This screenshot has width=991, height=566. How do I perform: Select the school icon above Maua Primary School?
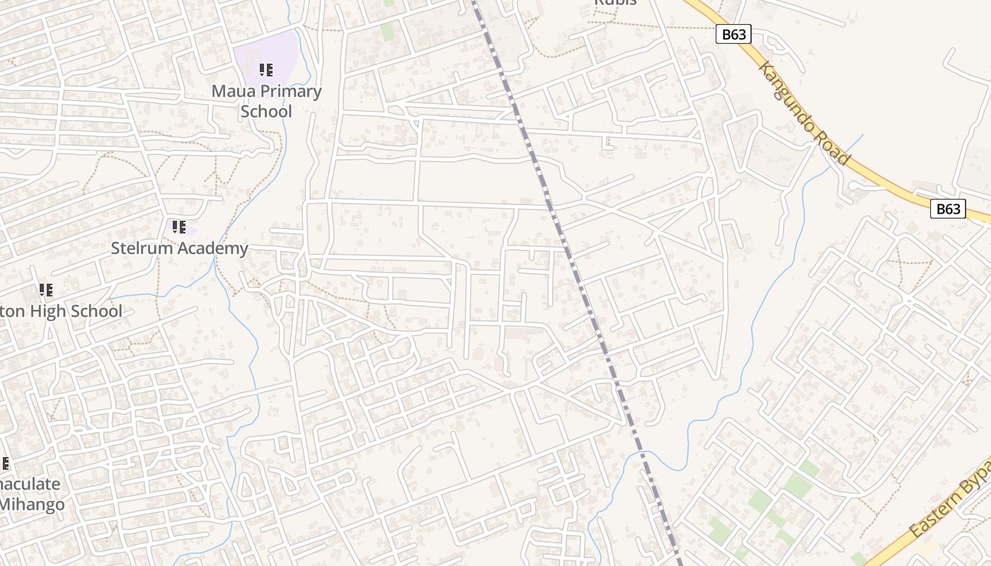265,70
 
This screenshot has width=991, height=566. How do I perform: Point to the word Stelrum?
140,248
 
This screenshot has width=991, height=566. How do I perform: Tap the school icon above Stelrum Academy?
179,227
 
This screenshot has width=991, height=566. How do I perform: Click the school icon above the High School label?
46,290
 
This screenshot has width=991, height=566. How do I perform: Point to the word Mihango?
33,504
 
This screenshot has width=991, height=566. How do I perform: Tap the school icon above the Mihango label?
4,464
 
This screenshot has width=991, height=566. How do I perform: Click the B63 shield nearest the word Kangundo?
733,34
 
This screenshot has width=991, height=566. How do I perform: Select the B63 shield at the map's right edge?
947,209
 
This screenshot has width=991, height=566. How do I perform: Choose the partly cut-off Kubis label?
615,3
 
